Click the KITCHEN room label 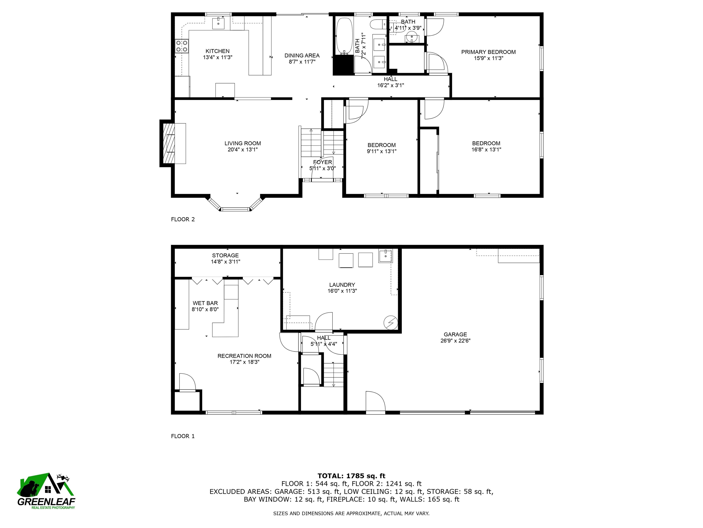click(217, 51)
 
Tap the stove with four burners click(182, 46)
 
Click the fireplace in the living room click(169, 143)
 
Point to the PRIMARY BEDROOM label click(489, 52)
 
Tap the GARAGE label click(455, 334)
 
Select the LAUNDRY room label click(342, 285)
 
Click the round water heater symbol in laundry click(391, 323)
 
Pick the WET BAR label click(205, 303)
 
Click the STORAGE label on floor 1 click(225, 255)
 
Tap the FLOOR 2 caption click(183, 219)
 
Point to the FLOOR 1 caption click(183, 436)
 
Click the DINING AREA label click(302, 55)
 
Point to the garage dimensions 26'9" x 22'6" click(455, 341)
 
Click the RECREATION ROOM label click(244, 356)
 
